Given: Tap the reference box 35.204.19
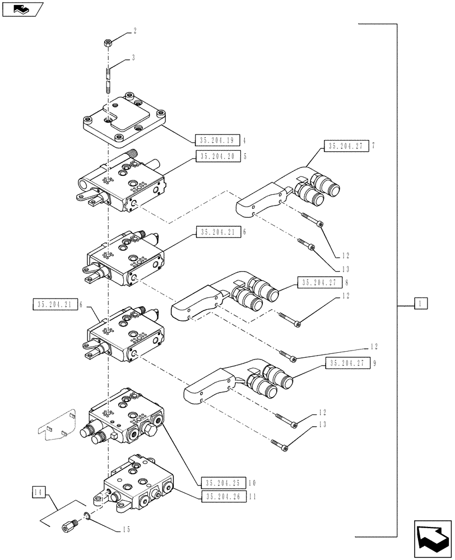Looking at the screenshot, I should [x=216, y=141].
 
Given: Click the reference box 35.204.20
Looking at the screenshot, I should [x=216, y=157].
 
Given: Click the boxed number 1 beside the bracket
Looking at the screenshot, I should [x=421, y=304].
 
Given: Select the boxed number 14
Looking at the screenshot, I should [x=38, y=493].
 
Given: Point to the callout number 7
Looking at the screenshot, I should [x=373, y=146].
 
